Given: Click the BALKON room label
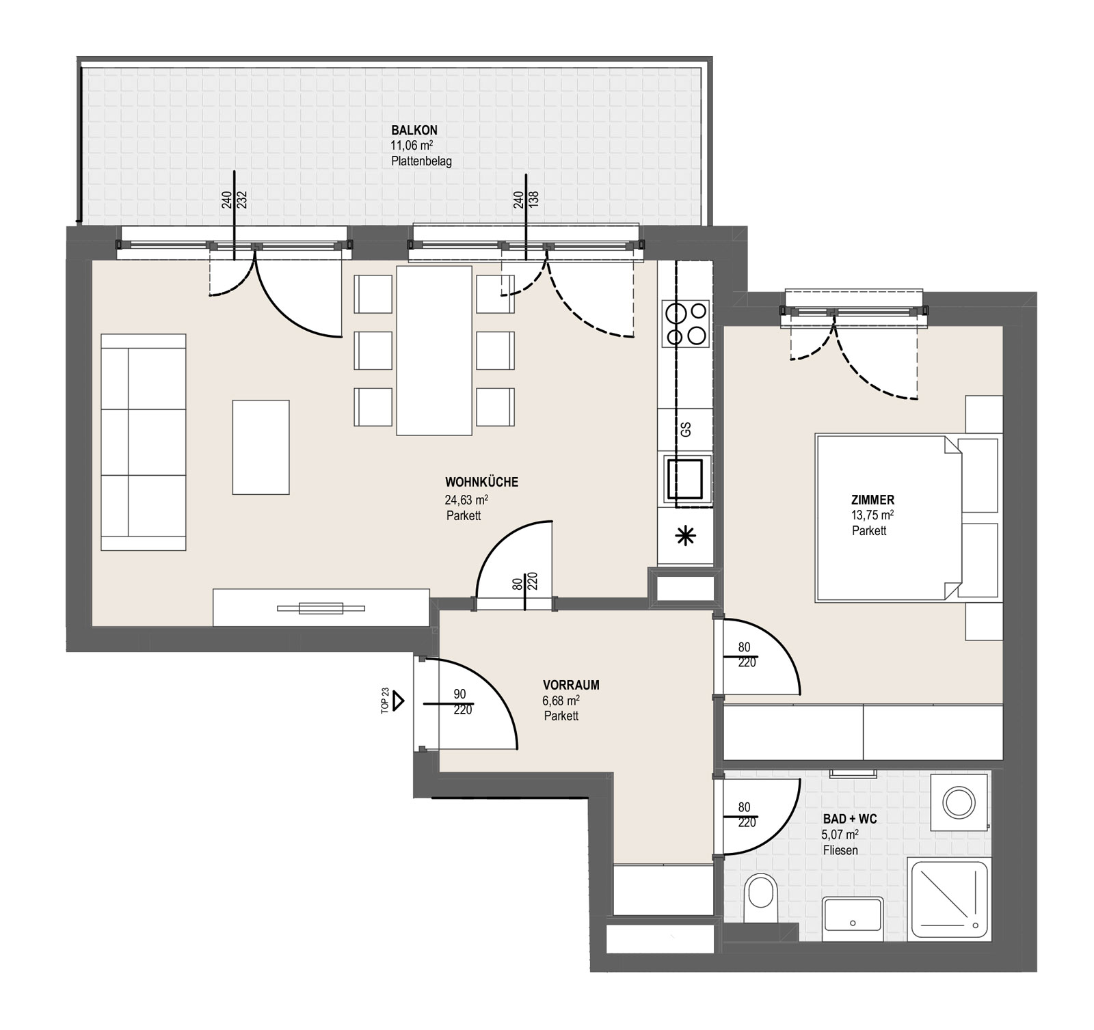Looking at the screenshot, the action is (x=414, y=130).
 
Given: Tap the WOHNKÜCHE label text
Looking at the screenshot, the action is (x=481, y=482).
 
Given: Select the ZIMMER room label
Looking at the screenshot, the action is (x=872, y=500).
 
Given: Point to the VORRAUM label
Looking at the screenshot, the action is (x=571, y=685).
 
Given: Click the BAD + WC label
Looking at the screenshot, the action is (x=850, y=819).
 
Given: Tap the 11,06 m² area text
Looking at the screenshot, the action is (x=412, y=145).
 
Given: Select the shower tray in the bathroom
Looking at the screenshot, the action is (x=949, y=899).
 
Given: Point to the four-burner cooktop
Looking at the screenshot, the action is (x=685, y=324).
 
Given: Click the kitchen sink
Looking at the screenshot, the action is (x=684, y=478).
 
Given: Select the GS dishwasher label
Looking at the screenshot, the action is (x=685, y=429).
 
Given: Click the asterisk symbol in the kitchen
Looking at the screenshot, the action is (x=684, y=537).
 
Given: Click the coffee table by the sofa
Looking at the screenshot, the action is (x=261, y=447).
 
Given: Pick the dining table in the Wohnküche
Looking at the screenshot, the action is (x=433, y=351).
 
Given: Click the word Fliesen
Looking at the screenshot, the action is (x=840, y=850).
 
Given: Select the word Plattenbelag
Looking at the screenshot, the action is (x=421, y=162).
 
